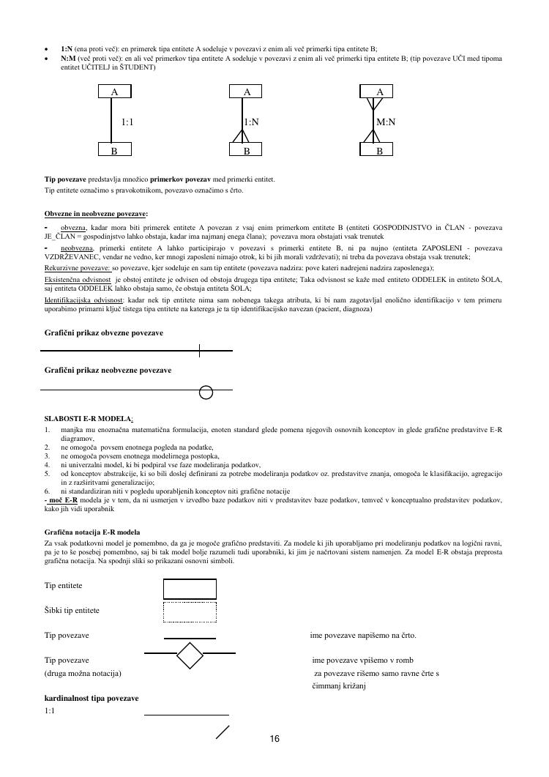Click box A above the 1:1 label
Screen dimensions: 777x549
[115, 92]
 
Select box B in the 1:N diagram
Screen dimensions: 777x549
[247, 150]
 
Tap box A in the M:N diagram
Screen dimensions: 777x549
[379, 92]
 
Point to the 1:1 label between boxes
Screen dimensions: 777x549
[127, 122]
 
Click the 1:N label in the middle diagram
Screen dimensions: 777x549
[251, 122]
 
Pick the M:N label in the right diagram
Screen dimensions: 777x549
[386, 122]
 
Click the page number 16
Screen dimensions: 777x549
[274, 739]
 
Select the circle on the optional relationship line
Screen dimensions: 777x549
[206, 393]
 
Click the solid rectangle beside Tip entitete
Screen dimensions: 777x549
[190, 588]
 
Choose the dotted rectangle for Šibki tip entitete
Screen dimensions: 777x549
[190, 611]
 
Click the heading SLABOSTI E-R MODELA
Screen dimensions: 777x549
[88, 419]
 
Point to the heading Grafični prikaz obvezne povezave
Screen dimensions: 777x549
[104, 333]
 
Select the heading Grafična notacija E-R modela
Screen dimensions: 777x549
[92, 532]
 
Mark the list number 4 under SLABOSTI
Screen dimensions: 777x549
[48, 464]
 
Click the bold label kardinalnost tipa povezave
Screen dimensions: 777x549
[91, 698]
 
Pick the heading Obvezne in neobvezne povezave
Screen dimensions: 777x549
[95, 214]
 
